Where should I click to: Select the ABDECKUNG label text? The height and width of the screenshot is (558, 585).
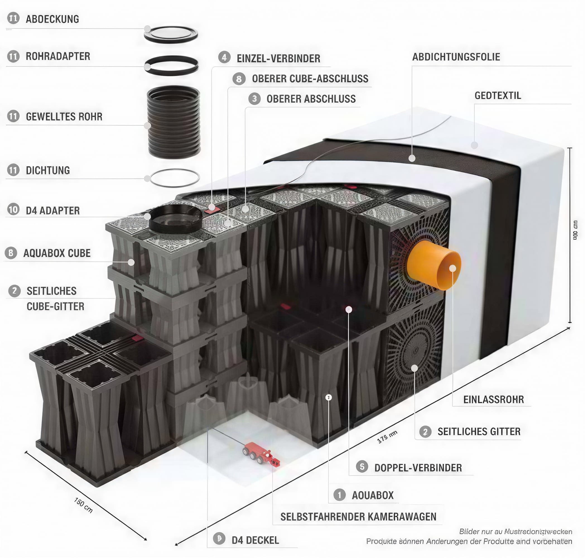[x=52, y=19]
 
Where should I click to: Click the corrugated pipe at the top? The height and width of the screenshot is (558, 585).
[x=174, y=122]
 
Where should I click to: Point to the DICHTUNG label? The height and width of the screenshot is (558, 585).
[x=48, y=170]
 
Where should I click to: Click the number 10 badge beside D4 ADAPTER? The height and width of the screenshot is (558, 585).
[x=13, y=210]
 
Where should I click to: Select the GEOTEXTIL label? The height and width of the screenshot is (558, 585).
[x=498, y=95]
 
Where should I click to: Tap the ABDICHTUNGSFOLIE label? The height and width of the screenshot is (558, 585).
[x=456, y=57]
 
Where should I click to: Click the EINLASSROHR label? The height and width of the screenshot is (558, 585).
[x=493, y=400]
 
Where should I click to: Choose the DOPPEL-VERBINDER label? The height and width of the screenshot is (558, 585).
[x=418, y=468]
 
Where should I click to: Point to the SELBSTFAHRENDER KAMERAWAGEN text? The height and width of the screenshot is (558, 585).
[x=358, y=517]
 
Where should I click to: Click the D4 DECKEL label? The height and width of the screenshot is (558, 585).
[x=255, y=540]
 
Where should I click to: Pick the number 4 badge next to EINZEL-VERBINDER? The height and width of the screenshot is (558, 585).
[x=224, y=57]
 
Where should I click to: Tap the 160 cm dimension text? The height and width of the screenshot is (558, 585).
[x=83, y=505]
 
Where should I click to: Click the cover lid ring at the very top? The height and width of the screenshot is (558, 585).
[x=171, y=35]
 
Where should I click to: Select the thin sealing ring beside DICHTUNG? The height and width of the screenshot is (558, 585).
[x=175, y=178]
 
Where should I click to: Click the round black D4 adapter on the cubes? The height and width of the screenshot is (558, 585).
[x=175, y=219]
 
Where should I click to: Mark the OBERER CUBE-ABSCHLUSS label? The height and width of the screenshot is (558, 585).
[x=310, y=78]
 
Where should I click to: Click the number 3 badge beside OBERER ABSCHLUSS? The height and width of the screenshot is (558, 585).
[x=255, y=98]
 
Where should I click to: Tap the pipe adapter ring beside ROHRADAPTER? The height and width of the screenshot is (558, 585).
[x=171, y=66]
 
